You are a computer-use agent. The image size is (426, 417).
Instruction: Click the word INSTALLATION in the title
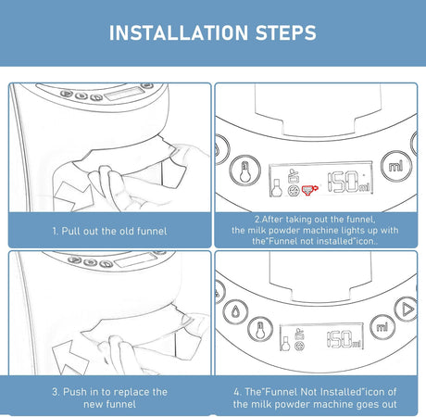point(179,32)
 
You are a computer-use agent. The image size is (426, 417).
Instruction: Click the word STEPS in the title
point(286,32)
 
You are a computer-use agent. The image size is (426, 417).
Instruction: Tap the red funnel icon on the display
point(309,189)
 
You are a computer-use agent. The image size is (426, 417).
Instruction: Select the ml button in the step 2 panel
point(396,166)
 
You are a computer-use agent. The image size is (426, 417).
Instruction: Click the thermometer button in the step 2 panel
point(244,171)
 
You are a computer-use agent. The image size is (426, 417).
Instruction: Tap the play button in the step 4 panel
point(407,310)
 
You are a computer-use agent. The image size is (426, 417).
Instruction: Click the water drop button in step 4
point(235,311)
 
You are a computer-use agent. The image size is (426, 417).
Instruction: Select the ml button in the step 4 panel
point(382,327)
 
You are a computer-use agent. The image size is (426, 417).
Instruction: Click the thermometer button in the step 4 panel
point(260,330)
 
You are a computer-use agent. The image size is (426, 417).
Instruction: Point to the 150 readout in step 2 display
point(347,183)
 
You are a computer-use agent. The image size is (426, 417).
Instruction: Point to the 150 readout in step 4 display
point(344,339)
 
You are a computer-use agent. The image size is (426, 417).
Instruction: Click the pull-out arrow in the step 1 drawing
point(73,196)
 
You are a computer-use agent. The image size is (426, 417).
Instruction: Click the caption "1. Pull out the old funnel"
point(109,231)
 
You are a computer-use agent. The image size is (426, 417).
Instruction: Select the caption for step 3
point(109,398)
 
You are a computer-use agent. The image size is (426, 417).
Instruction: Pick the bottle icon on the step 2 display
point(276,188)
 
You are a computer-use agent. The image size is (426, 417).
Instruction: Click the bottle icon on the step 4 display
point(285,344)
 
